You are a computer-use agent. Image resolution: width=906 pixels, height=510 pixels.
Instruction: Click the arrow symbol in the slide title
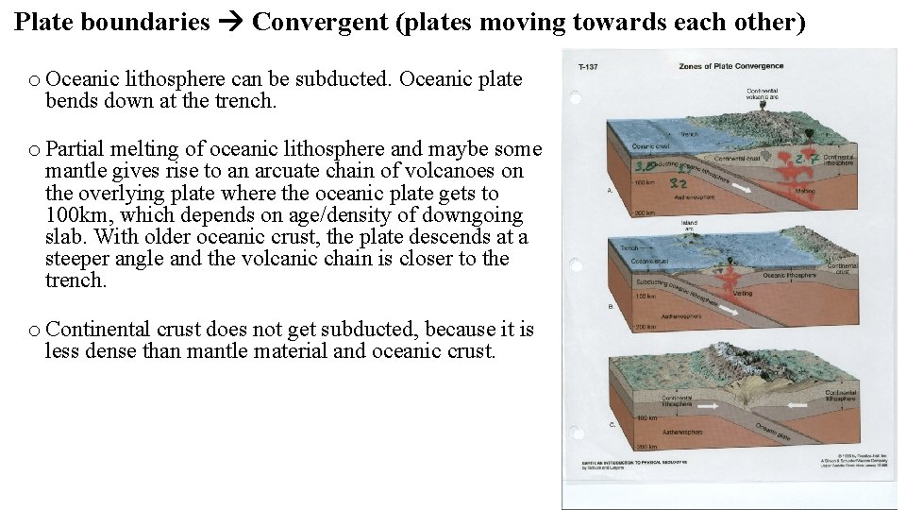[x=230, y=23]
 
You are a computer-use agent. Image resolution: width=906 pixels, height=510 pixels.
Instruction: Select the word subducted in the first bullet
[x=343, y=79]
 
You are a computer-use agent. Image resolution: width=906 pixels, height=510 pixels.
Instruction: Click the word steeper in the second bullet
[x=78, y=259]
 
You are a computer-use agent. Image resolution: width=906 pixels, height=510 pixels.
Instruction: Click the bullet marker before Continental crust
[x=34, y=330]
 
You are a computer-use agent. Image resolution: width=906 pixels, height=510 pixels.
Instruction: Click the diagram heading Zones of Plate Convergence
[x=717, y=67]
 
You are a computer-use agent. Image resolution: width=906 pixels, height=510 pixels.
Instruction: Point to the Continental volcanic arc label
[x=788, y=93]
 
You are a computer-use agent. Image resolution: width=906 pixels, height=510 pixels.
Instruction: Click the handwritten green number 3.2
[x=677, y=182]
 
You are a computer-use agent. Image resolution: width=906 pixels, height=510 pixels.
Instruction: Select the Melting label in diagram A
[x=805, y=191]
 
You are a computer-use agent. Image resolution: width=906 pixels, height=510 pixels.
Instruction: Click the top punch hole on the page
[x=575, y=97]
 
